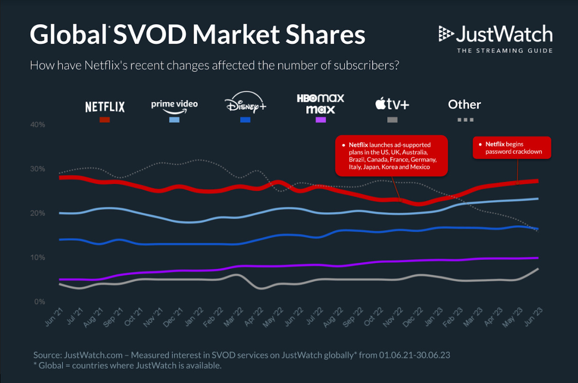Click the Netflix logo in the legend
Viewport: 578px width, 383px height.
105,107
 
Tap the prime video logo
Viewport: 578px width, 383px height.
174,107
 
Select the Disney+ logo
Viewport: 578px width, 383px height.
245,102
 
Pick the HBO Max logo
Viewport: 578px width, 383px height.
320,104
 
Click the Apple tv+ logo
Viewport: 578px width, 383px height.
392,104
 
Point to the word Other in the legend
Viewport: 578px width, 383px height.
464,105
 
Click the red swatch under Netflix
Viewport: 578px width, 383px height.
105,120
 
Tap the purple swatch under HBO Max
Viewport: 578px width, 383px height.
321,120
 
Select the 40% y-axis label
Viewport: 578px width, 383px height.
38,125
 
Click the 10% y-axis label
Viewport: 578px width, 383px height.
38,258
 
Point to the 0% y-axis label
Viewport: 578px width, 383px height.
40,302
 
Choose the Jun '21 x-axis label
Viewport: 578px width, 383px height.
53,317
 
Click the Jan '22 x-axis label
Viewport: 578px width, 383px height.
194,317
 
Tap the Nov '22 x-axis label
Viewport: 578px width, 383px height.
393,318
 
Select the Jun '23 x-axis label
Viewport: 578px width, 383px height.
534,317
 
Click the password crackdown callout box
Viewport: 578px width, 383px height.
512,148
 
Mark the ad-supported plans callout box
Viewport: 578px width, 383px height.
391,156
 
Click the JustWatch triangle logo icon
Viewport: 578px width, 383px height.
446,34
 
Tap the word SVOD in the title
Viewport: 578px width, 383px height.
150,35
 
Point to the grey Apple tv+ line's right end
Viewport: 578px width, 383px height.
538,269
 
